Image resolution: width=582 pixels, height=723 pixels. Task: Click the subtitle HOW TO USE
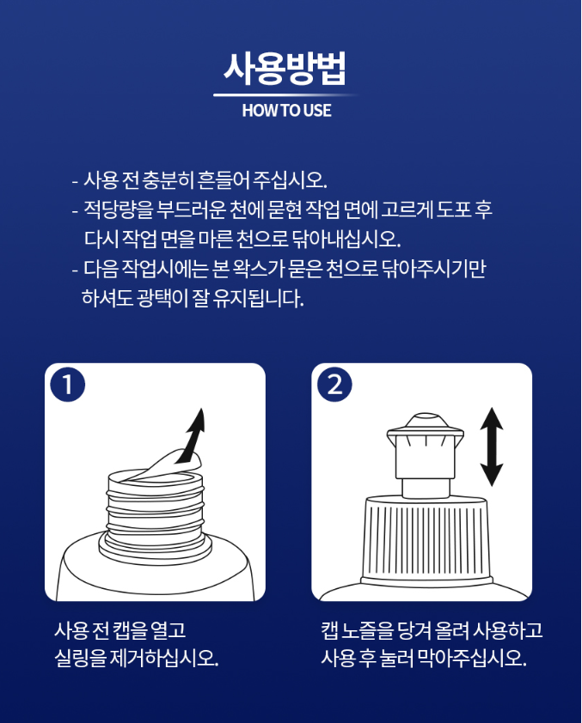pyautogui.click(x=286, y=111)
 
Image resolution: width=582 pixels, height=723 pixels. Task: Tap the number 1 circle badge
pyautogui.click(x=67, y=385)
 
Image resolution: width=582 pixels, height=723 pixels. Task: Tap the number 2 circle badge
pyautogui.click(x=334, y=385)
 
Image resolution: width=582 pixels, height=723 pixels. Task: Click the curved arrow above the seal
pyautogui.click(x=192, y=435)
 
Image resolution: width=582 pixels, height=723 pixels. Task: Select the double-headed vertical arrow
pyautogui.click(x=492, y=447)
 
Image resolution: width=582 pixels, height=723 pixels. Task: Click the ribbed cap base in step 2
pyautogui.click(x=425, y=540)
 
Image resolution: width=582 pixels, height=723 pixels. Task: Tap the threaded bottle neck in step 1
pyautogui.click(x=155, y=514)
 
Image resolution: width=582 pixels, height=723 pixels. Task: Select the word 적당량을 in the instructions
pyautogui.click(x=118, y=210)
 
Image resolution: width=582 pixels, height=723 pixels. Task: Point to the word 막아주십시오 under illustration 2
pyautogui.click(x=471, y=659)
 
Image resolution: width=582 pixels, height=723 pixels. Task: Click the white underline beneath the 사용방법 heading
pyautogui.click(x=286, y=95)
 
